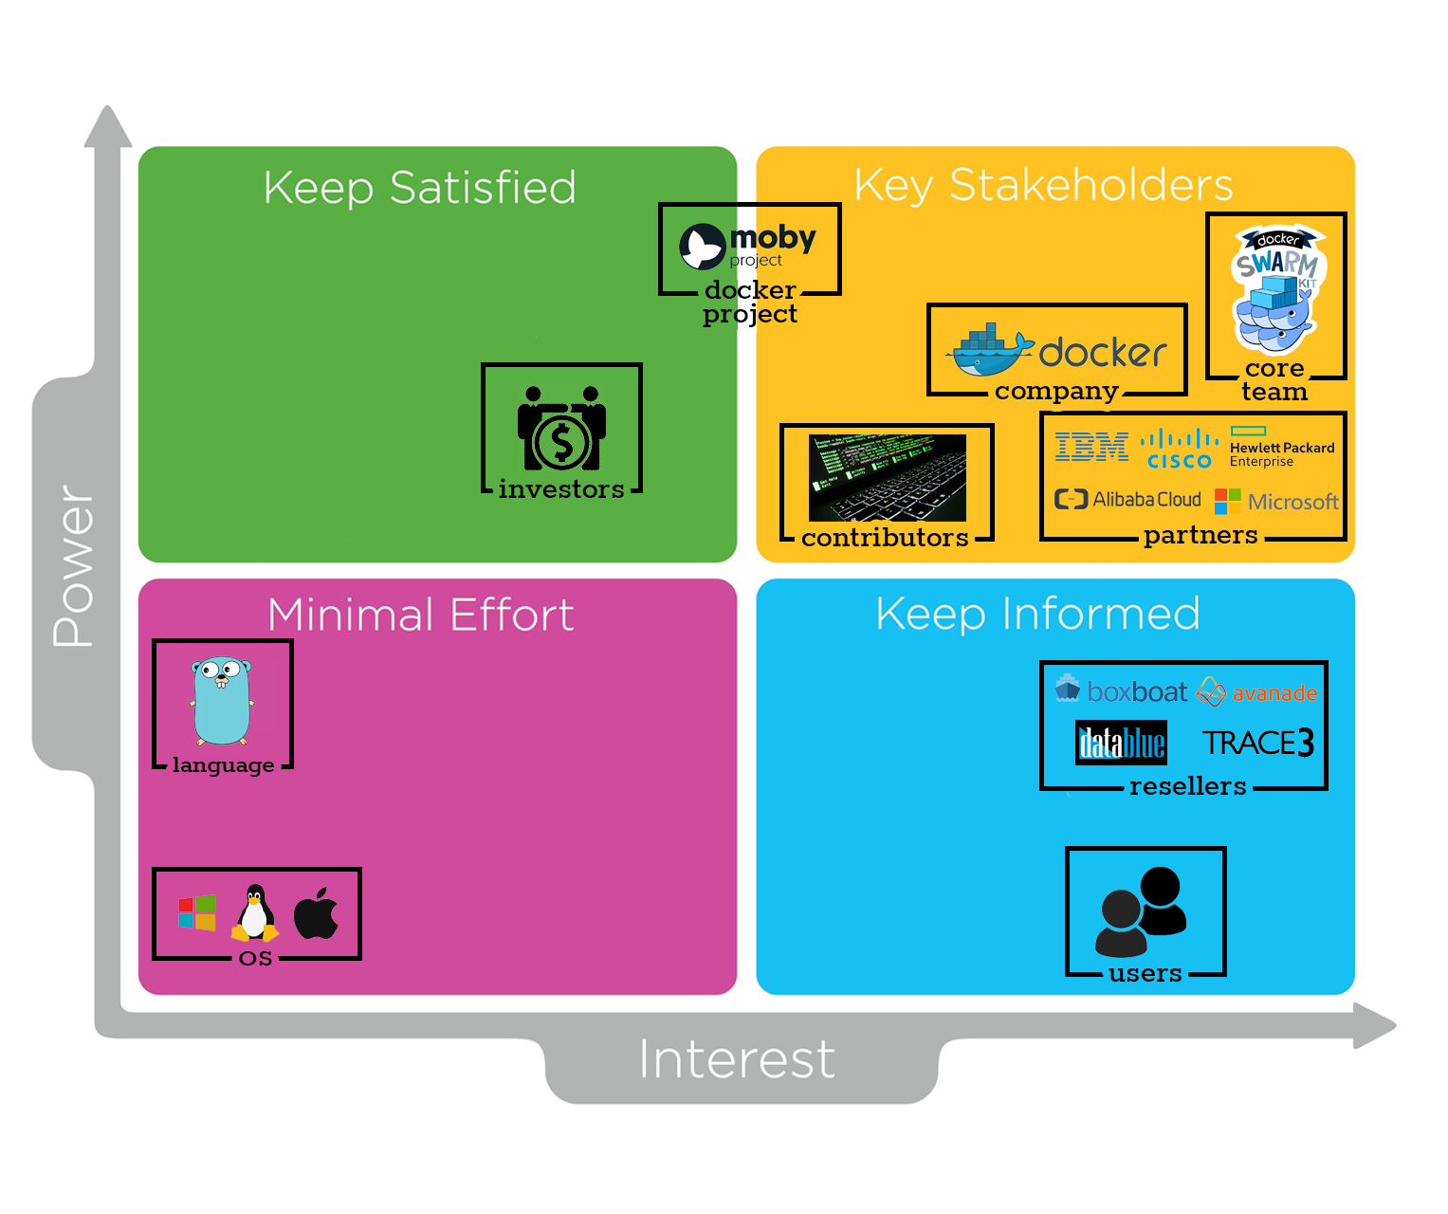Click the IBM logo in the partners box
[1091, 446]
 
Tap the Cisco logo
[1179, 449]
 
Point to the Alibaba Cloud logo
[1127, 499]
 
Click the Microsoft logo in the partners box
[1276, 501]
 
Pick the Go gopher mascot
[222, 701]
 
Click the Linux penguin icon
[254, 912]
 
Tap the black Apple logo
[316, 913]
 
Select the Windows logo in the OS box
[197, 912]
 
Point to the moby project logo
[748, 246]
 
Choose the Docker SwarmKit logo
[1275, 289]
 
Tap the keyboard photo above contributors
[887, 477]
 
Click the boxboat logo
[1121, 691]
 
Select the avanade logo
[1257, 692]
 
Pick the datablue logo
[1121, 743]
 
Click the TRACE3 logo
[1257, 743]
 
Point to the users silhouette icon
[1143, 911]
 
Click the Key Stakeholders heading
[1043, 185]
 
